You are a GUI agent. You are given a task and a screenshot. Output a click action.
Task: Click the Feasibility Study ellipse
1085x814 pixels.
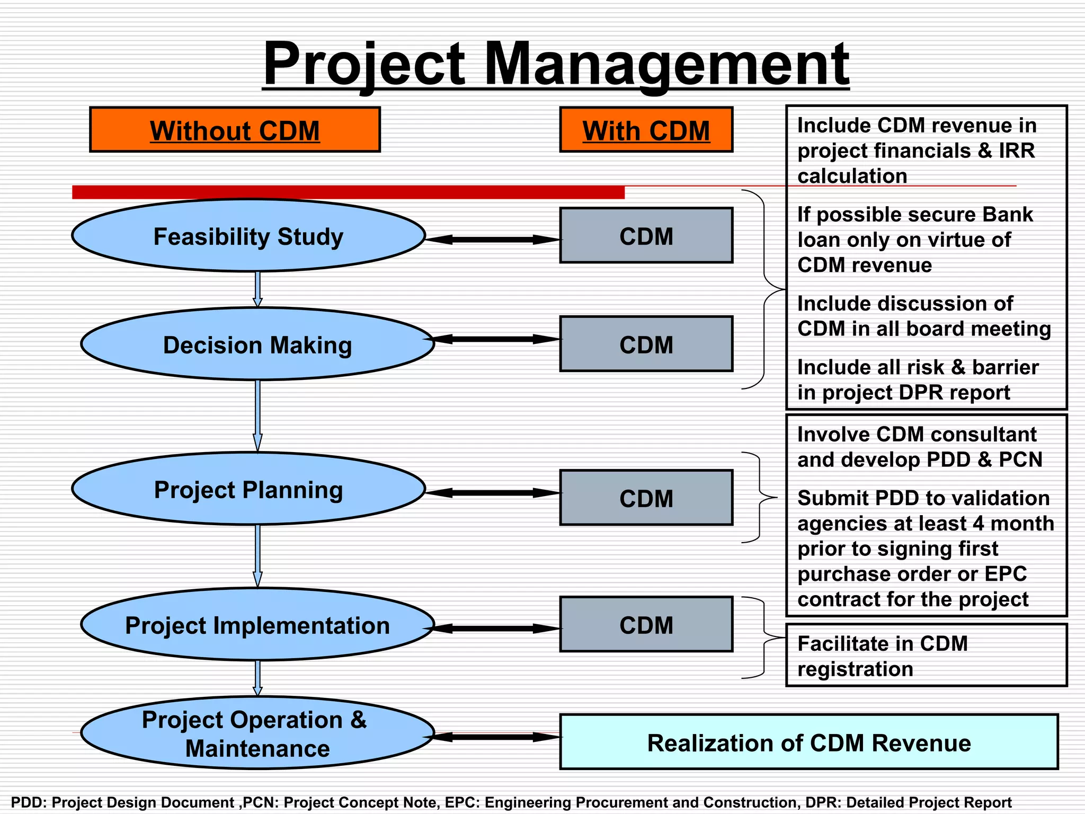point(248,236)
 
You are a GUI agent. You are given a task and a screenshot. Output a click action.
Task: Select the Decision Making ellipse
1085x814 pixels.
point(257,344)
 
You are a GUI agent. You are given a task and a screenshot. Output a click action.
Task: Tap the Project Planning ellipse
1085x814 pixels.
point(248,489)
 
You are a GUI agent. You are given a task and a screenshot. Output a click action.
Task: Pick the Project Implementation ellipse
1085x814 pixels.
point(257,625)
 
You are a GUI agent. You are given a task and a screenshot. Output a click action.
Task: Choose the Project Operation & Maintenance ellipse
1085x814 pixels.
point(257,733)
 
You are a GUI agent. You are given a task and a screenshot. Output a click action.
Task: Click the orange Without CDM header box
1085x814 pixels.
point(235,130)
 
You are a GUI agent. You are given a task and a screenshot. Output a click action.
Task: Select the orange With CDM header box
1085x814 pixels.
point(646,130)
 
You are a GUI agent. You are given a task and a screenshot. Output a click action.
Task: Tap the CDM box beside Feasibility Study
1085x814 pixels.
point(646,236)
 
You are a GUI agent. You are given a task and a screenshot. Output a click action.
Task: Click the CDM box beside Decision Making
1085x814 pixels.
point(646,344)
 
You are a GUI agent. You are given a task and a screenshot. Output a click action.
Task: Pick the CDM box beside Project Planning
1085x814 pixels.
point(646,498)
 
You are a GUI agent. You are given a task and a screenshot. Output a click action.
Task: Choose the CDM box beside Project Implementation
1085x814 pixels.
point(646,625)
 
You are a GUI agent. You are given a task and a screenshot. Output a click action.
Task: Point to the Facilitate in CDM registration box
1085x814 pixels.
point(926,656)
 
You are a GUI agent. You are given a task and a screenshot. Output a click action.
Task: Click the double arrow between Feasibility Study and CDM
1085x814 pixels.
point(493,240)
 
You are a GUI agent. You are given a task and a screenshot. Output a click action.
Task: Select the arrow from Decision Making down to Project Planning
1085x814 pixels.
point(257,416)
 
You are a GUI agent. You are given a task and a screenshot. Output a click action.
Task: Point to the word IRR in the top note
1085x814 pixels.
point(1017,151)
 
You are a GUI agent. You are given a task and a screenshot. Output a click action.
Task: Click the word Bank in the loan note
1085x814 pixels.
point(1007,215)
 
